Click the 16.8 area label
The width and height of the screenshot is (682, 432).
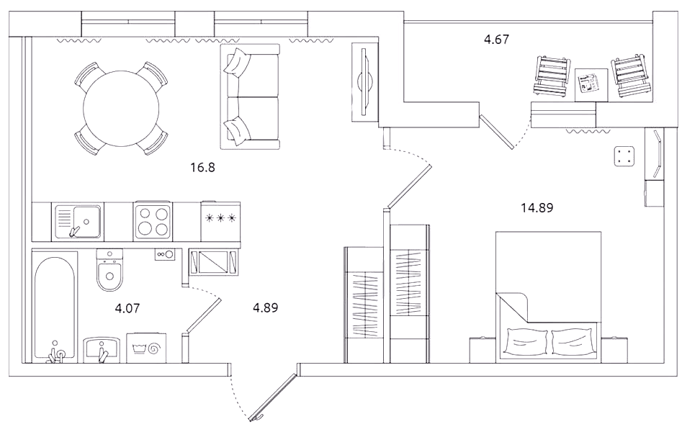202,168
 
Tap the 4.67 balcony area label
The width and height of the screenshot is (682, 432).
496,40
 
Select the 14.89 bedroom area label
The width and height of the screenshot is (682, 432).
537,208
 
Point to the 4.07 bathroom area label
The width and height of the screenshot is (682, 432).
127,308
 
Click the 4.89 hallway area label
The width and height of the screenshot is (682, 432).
265,307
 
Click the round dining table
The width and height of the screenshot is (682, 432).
121,108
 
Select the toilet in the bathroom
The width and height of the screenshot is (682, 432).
109,270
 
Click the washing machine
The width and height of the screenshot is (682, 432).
147,348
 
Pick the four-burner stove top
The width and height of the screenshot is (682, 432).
153,221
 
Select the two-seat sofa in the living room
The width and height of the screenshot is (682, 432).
250,96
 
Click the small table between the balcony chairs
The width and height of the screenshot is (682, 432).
591,85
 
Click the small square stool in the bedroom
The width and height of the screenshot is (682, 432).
624,157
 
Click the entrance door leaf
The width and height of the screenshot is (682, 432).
274,397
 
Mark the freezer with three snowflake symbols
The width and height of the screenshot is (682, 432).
220,221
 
